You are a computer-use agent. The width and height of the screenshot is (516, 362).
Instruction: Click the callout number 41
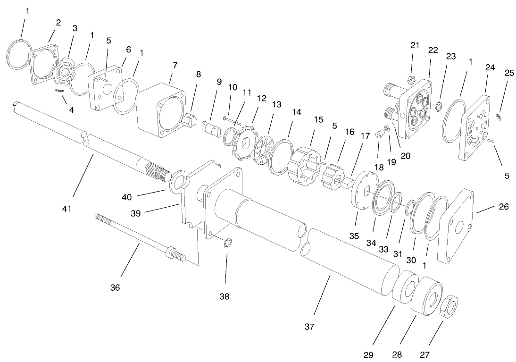tap(67, 208)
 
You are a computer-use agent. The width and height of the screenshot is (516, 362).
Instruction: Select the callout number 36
tap(115, 287)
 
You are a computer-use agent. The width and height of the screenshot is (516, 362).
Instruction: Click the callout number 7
tap(175, 65)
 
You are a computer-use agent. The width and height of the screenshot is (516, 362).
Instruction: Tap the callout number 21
tap(414, 45)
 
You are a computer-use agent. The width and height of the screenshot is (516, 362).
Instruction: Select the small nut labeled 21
tap(411, 78)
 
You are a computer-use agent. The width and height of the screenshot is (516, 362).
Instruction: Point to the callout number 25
tap(508, 73)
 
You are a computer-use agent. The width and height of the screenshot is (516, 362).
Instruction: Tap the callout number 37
tap(309, 326)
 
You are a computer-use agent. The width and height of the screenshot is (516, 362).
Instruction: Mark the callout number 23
tap(451, 56)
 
